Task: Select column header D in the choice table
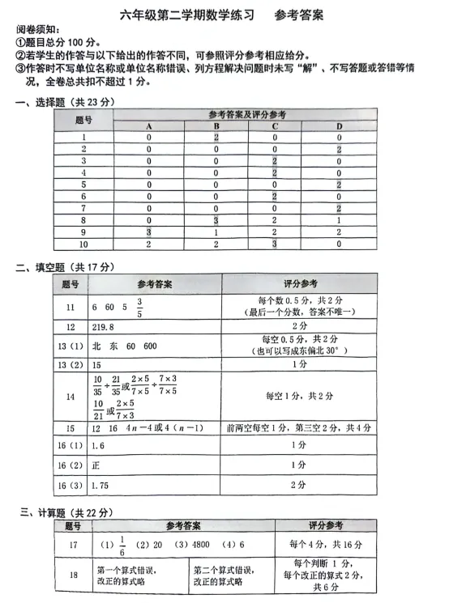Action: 339,126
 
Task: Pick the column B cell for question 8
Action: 216,219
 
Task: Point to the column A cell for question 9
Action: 149,231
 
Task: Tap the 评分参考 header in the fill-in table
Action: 300,284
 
